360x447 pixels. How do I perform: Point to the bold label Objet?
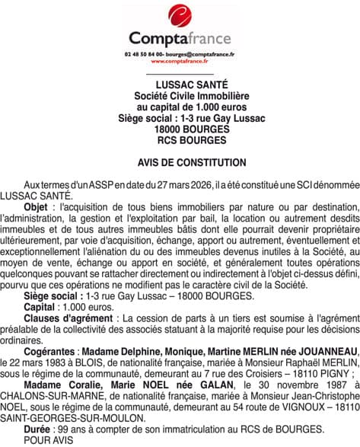tap(35, 207)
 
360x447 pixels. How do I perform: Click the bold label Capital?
tap(39, 306)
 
